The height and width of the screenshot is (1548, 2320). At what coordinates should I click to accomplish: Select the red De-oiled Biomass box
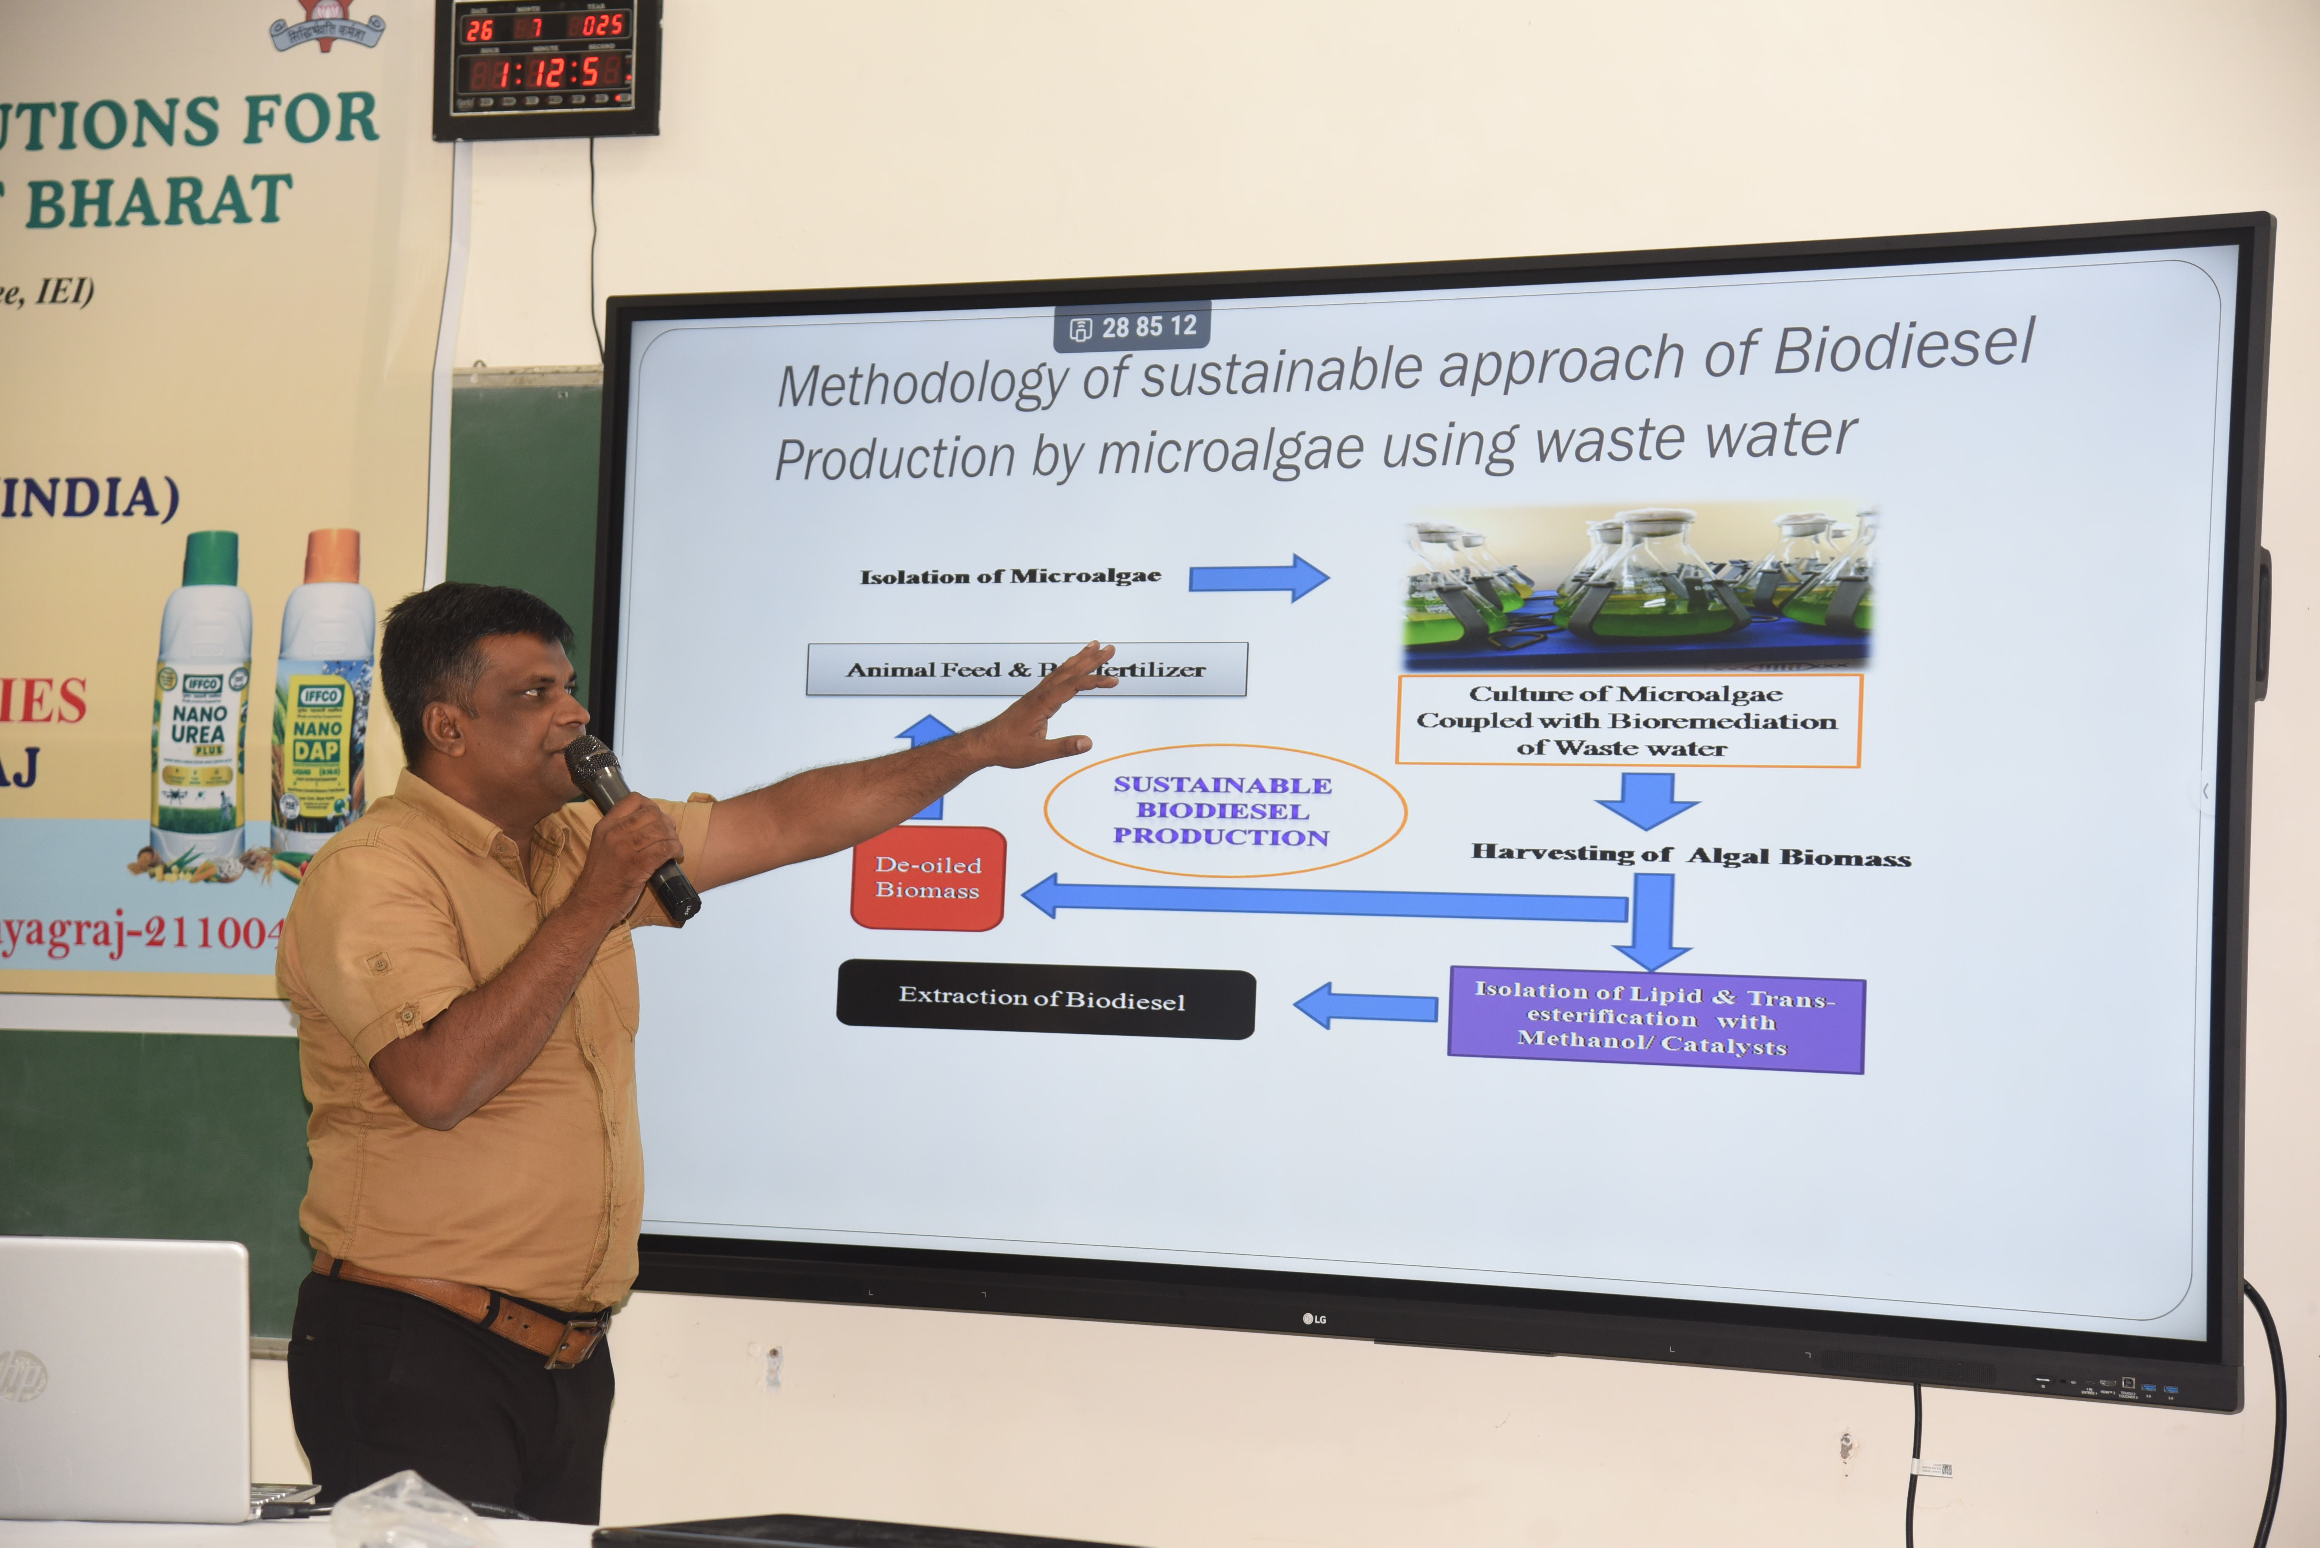click(927, 878)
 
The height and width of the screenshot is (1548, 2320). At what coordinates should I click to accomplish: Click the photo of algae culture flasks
click(1637, 584)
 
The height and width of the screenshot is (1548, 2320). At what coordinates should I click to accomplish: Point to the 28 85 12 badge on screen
click(1133, 327)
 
